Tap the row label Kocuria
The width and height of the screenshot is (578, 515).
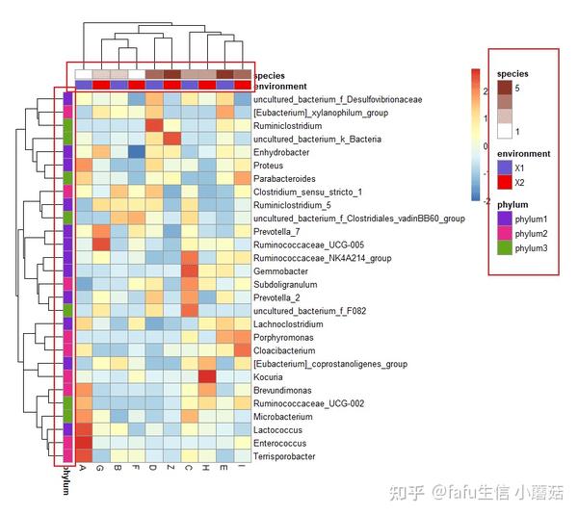[x=268, y=377]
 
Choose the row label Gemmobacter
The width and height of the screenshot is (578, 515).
[x=278, y=271]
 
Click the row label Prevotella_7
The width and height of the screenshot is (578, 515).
[x=277, y=232]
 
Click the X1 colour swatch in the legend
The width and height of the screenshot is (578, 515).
[x=505, y=167]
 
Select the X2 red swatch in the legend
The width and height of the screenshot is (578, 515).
[x=505, y=182]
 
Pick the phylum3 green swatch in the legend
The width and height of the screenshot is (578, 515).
[x=505, y=248]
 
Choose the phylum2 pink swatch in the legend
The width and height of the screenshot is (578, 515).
[x=505, y=234]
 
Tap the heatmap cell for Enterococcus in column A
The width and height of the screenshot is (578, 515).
[x=84, y=444]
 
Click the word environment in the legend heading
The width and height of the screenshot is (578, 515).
[x=523, y=153]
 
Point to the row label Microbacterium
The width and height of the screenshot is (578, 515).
[x=282, y=417]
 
